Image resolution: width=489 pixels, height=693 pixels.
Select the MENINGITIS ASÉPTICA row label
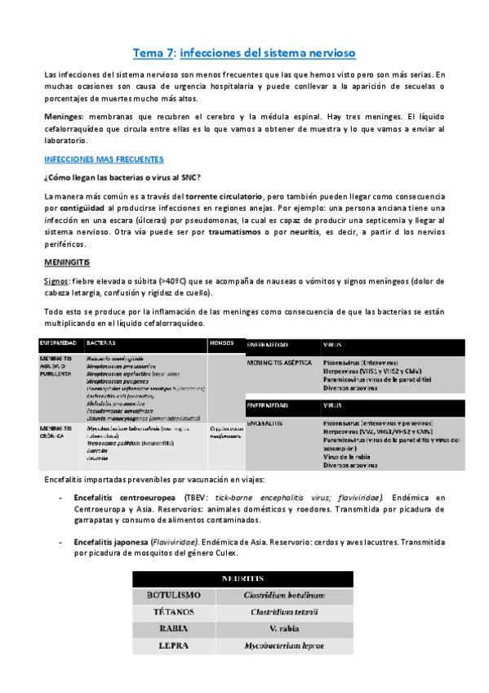click(275, 362)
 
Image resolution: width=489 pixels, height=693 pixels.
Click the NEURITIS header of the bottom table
click(243, 579)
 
